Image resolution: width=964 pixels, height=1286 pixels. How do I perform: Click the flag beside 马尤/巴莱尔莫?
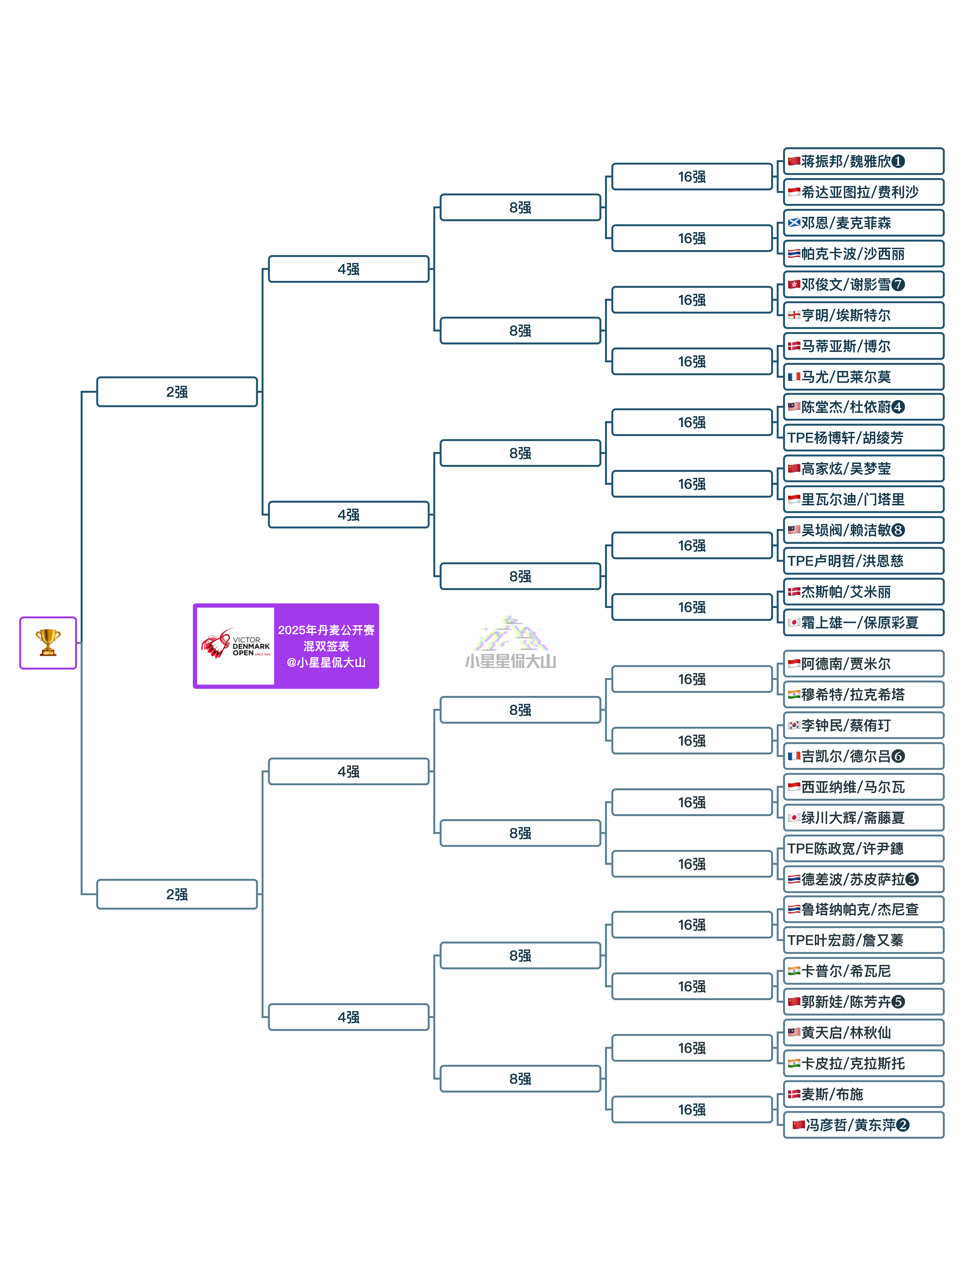[794, 377]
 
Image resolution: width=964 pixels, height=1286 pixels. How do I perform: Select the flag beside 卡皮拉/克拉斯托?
[794, 1063]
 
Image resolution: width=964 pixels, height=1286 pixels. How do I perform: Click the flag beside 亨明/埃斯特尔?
[794, 315]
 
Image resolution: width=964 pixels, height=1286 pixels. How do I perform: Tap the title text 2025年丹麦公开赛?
[326, 630]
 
